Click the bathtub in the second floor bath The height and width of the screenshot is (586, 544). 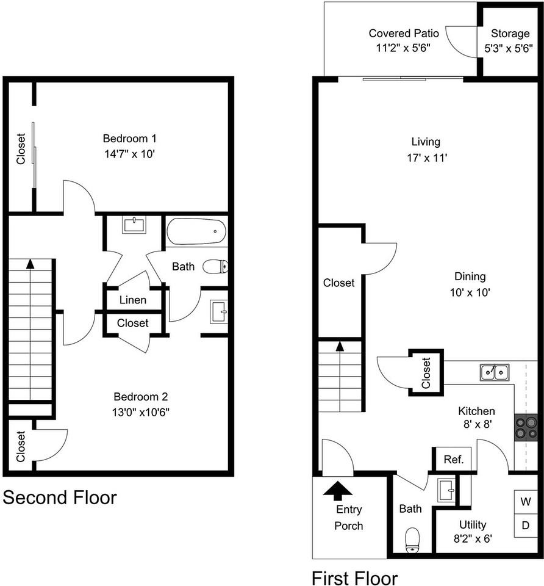tap(196, 231)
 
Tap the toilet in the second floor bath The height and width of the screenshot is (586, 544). tap(215, 267)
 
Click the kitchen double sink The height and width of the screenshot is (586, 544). tap(495, 372)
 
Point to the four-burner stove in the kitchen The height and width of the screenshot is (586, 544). tap(526, 428)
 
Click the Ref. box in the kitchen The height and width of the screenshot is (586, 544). tap(454, 459)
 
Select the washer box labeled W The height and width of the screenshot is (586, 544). tap(526, 502)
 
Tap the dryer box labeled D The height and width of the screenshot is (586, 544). tap(526, 526)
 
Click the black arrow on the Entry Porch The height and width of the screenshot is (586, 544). tap(337, 491)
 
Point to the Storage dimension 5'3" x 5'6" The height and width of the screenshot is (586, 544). tap(509, 48)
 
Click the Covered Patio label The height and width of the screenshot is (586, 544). tap(404, 33)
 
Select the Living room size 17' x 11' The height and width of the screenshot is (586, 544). tap(427, 157)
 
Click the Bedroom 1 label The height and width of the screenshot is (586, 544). tap(129, 139)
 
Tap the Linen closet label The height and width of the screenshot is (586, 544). tap(133, 300)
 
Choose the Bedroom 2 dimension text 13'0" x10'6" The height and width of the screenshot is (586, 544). tap(141, 412)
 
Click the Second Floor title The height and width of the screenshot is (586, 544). tap(60, 498)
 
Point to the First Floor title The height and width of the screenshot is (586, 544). tap(355, 578)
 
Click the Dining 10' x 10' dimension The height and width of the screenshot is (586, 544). tap(470, 292)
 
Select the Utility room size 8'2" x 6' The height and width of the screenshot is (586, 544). tap(473, 538)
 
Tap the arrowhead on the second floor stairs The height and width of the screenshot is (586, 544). tap(30, 264)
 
